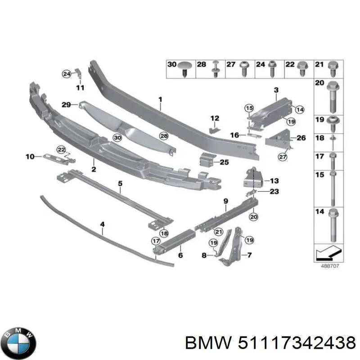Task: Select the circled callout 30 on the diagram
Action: pos(117,138)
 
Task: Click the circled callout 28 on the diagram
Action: pos(164,136)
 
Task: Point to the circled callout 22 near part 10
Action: pos(60,149)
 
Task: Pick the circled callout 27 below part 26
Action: pos(282,157)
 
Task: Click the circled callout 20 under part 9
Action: pos(253,217)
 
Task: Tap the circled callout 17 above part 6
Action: pos(155,241)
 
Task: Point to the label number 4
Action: pos(102,224)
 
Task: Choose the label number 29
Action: pos(66,104)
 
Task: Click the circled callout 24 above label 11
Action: pos(67,73)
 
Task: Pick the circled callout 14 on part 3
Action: pos(300,108)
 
